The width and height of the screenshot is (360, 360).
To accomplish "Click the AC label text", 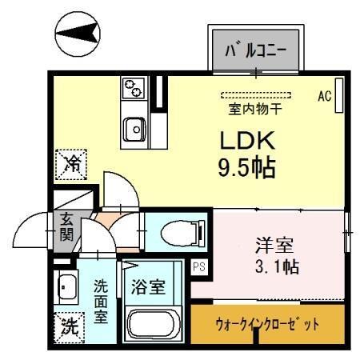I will tap(324, 96).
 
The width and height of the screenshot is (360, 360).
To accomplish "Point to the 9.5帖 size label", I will tap(248, 168).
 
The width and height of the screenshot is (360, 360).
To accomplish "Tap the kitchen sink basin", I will tap(134, 126).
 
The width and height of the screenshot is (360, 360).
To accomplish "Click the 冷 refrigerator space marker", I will tap(72, 165).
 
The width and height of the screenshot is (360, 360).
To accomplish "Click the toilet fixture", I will tap(181, 234).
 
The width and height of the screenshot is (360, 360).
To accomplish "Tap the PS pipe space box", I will tap(199, 268).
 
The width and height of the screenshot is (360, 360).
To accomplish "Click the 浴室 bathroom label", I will tap(150, 286).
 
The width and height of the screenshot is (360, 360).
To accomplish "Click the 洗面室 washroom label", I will tap(102, 300).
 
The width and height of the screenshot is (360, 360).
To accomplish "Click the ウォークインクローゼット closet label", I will tap(268, 325).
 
